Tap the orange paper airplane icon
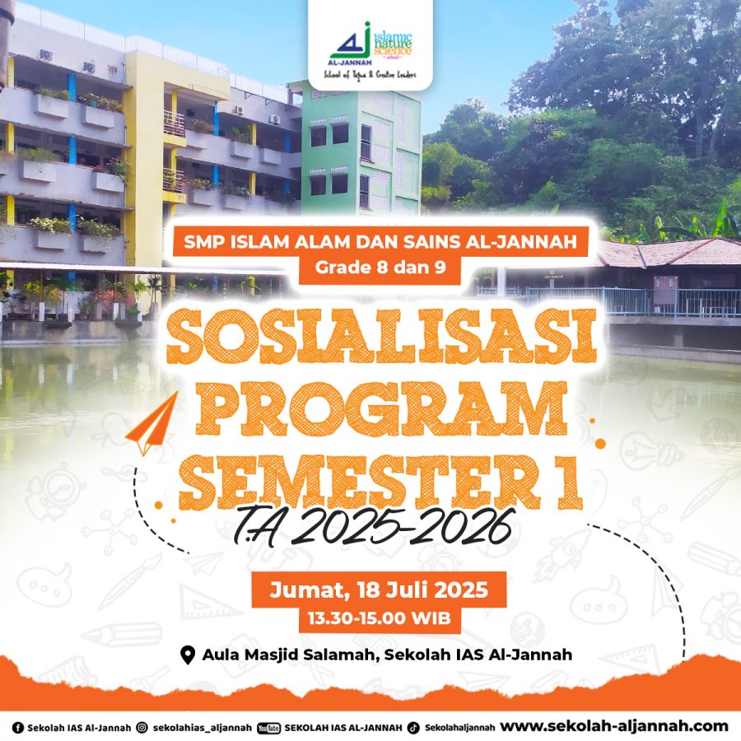pyautogui.click(x=152, y=423)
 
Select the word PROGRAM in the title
pyautogui.click(x=381, y=408)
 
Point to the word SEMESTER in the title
pyautogui.click(x=359, y=482)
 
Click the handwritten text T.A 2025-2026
pyautogui.click(x=373, y=527)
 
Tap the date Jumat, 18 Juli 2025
pyautogui.click(x=379, y=590)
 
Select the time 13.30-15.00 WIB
pyautogui.click(x=379, y=618)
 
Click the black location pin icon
pyautogui.click(x=188, y=655)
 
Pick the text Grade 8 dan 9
pyautogui.click(x=380, y=268)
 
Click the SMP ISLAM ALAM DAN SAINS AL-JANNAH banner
pyautogui.click(x=380, y=241)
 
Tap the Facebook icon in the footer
pyautogui.click(x=17, y=728)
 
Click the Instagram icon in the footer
pyautogui.click(x=142, y=728)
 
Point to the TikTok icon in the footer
pyautogui.click(x=413, y=728)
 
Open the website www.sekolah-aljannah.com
pyautogui.click(x=614, y=726)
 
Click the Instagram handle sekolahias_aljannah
pyautogui.click(x=203, y=728)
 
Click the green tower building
pyautogui.click(x=361, y=149)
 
